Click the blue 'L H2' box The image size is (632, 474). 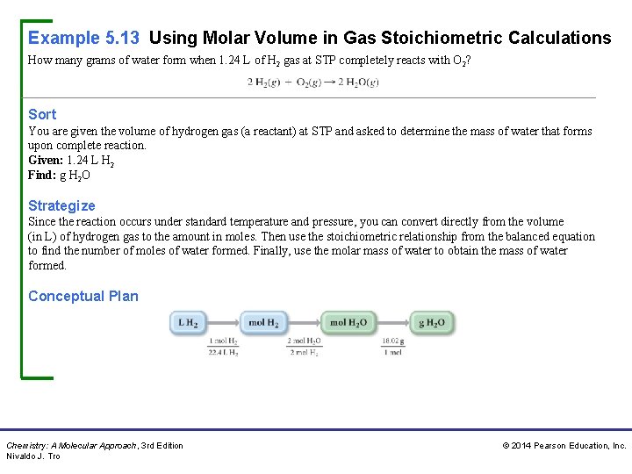pos(189,323)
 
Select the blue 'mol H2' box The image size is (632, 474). pos(263,323)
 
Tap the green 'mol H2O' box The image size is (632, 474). pos(348,323)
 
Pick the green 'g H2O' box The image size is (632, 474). pos(431,323)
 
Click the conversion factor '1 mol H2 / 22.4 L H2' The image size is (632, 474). pos(223,346)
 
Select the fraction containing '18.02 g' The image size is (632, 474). pos(392,346)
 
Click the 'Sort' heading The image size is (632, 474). pos(42,114)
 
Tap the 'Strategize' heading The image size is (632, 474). pos(61,205)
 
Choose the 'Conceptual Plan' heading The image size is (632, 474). pos(83,296)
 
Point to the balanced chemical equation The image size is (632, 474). pos(312,82)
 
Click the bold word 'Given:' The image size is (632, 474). pos(46,161)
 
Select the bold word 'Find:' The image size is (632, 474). pos(42,175)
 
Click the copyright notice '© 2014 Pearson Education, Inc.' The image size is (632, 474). pos(564,446)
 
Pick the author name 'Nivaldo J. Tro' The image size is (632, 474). pos(33,456)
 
